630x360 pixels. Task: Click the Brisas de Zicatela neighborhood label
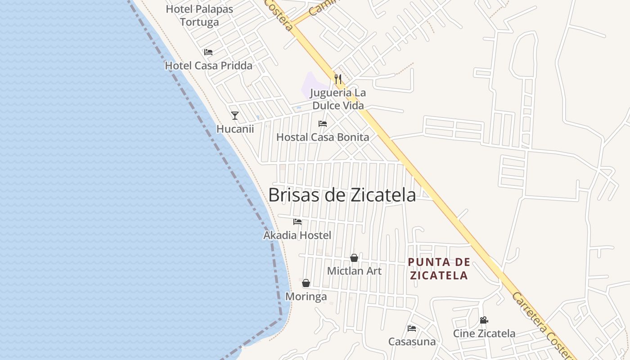(342, 195)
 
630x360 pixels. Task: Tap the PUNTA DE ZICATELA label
(439, 269)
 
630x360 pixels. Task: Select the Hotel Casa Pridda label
(208, 66)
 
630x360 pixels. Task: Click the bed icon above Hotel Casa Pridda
(208, 53)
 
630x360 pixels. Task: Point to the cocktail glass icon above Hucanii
(235, 116)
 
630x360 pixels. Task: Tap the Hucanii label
(235, 129)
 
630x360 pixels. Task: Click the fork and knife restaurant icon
(338, 79)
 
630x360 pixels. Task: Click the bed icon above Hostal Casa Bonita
(323, 124)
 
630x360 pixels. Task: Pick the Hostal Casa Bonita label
(323, 137)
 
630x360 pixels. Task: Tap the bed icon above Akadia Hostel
(297, 222)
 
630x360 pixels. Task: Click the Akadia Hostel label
(297, 235)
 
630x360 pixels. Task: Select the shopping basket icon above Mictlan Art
(354, 258)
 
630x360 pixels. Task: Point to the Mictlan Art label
(354, 271)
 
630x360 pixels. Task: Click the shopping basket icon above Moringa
(306, 283)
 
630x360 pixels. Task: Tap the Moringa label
(306, 297)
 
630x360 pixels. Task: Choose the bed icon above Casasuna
(412, 328)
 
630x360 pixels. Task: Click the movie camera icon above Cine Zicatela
(484, 320)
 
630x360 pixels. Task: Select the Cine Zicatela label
(484, 333)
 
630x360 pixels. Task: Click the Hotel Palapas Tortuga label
(199, 16)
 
